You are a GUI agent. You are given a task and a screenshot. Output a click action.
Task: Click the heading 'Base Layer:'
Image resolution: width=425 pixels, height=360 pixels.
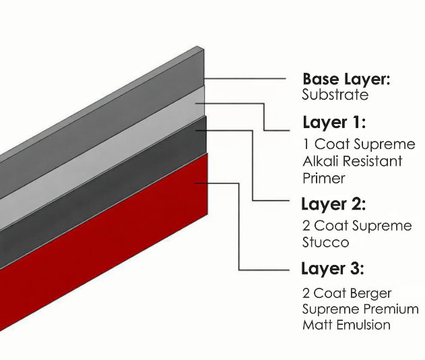[x=346, y=80]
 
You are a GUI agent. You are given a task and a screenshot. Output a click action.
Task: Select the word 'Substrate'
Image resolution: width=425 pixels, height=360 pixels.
[x=335, y=95]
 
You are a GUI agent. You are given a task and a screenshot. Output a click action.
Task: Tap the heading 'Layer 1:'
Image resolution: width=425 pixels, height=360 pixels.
[x=334, y=123]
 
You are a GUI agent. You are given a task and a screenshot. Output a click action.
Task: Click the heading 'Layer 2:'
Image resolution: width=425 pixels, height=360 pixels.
[x=333, y=204]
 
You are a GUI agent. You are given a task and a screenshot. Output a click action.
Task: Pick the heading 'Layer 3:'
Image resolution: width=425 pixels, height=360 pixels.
[x=333, y=269]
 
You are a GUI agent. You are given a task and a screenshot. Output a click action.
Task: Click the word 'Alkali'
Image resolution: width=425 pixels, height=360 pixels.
[x=321, y=162]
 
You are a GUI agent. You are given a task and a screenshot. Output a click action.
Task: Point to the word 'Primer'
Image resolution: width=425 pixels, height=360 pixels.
[x=324, y=179]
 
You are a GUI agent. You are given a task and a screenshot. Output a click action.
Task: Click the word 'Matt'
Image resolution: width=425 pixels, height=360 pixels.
[x=317, y=325]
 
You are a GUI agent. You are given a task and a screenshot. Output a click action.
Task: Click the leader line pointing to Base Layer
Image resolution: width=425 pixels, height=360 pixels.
[x=249, y=79]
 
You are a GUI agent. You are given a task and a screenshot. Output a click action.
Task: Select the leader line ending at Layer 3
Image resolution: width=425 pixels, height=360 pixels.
[x=269, y=270]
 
